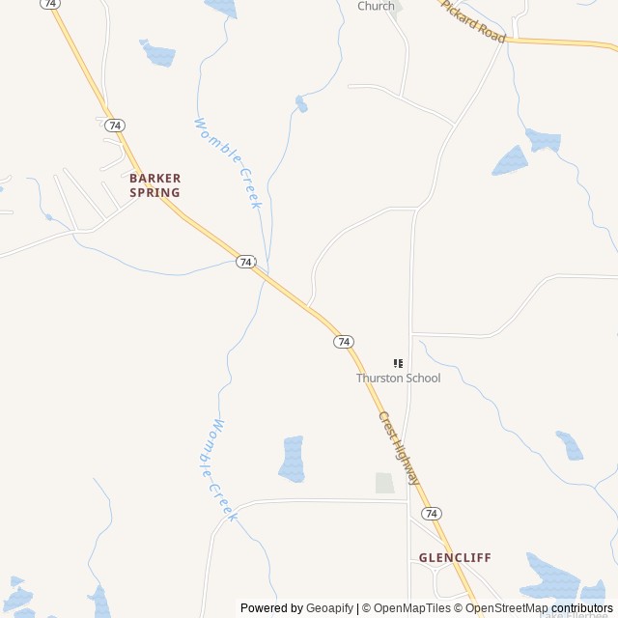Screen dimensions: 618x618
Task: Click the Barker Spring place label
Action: [x=154, y=185]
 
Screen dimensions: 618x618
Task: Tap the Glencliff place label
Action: [x=455, y=558]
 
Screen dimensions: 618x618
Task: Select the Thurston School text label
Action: [x=398, y=378]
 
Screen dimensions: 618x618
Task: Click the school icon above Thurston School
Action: [x=398, y=363]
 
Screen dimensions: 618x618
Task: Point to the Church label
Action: [x=376, y=6]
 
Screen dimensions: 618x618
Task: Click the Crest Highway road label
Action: [x=399, y=449]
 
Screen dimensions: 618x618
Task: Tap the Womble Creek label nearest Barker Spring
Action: [x=229, y=162]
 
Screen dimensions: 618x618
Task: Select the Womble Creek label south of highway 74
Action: [x=218, y=469]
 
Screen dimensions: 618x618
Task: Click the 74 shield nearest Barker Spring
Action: [x=115, y=126]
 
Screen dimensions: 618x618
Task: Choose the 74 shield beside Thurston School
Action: [x=344, y=342]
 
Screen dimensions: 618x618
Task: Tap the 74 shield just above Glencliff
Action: [x=432, y=513]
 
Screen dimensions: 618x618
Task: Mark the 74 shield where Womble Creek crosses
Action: [x=246, y=262]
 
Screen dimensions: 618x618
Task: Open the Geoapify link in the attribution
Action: [x=329, y=608]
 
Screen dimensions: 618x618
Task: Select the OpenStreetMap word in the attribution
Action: [x=509, y=608]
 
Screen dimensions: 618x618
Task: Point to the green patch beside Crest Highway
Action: [x=384, y=483]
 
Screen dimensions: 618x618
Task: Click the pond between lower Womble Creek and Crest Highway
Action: [x=292, y=459]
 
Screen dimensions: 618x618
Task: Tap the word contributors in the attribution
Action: [x=582, y=608]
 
